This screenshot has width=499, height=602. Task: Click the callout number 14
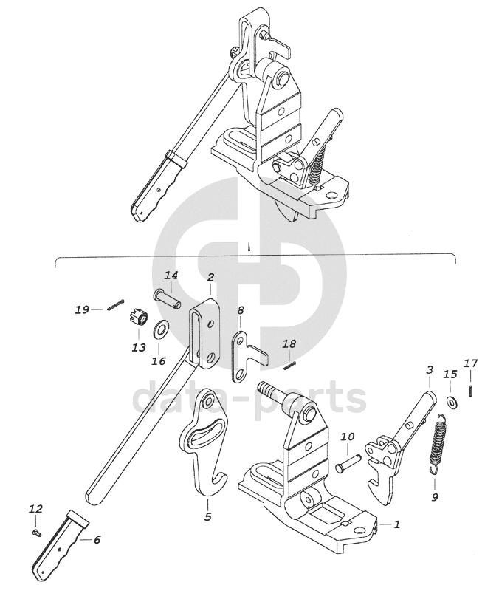pos(171,276)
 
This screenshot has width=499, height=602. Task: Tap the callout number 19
pos(82,309)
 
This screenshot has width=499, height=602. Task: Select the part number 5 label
pos(207,517)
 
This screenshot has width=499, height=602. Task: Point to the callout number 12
pos(35,509)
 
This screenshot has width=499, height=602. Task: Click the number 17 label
pos(471,363)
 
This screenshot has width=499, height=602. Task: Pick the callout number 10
pos(348,437)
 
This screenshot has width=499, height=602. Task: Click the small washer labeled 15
pos(451,403)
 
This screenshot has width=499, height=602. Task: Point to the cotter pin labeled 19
pos(115,305)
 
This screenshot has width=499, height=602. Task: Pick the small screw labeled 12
pos(37,533)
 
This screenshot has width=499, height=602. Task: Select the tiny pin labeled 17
pos(471,391)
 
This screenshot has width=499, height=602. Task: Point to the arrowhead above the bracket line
pos(250,244)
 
